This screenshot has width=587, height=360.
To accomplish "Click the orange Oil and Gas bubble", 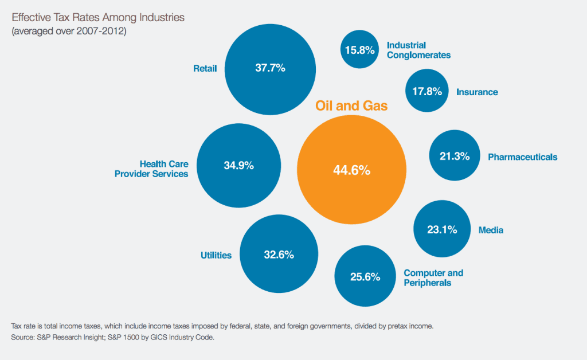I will tap(351, 170).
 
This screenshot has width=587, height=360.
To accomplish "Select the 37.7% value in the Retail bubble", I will tap(270, 68).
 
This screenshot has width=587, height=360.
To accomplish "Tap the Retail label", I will tap(205, 69).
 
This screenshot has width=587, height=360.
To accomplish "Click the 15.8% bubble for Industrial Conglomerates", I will tap(359, 50).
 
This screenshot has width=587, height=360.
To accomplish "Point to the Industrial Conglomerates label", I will tap(418, 50).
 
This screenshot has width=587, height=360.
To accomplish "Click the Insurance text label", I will tap(477, 92).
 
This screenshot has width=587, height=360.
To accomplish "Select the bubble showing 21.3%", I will tap(455, 156).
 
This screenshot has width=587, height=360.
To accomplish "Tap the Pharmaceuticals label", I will tap(522, 156).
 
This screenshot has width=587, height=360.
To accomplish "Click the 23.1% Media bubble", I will tap(442, 230).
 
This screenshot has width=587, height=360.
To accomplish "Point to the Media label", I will tap(491, 230).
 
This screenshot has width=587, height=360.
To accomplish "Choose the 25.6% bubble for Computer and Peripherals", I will tap(365, 277).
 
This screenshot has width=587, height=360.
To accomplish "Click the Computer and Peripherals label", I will tap(433, 277).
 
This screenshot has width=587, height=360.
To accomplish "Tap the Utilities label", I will tap(216, 255).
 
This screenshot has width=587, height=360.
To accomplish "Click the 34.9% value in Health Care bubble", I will tap(238, 166).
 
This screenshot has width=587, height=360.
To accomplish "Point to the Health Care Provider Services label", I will tap(152, 169).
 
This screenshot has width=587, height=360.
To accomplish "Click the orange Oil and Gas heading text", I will tap(351, 105).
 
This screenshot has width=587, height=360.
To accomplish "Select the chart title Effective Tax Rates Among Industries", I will tap(98, 17).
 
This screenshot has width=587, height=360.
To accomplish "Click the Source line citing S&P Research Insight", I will tap(112, 338).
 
